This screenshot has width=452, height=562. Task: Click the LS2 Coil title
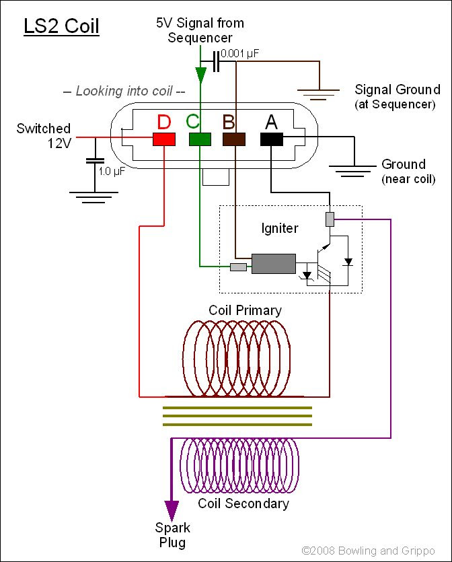click(x=61, y=26)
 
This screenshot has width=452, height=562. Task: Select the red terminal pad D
click(x=164, y=139)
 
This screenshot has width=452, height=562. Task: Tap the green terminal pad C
click(x=200, y=139)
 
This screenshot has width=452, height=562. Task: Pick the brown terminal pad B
click(x=234, y=139)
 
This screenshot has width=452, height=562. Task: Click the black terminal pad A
click(x=271, y=139)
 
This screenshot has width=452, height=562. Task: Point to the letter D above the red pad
click(x=163, y=122)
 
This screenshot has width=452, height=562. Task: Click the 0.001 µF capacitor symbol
click(x=216, y=61)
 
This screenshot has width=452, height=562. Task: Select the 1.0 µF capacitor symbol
click(x=95, y=162)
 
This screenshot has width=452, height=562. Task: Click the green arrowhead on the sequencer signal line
click(x=200, y=73)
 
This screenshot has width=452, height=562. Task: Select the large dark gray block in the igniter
click(x=273, y=264)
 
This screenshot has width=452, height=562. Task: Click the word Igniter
click(x=279, y=229)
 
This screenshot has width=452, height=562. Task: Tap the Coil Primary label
click(x=245, y=310)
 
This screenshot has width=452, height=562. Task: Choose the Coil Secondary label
click(x=243, y=503)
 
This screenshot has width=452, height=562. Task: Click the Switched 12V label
click(x=44, y=135)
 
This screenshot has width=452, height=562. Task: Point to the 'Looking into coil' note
click(x=123, y=91)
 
